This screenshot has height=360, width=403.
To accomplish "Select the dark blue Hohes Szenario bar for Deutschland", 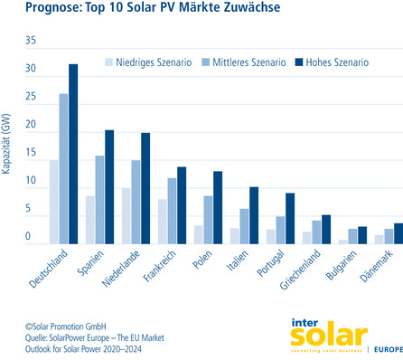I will click(73, 154).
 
